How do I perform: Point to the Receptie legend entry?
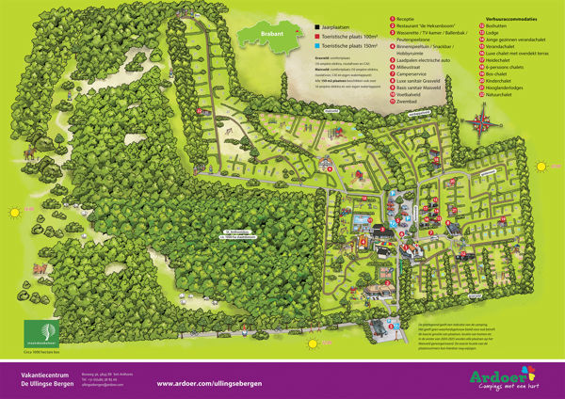click(411, 18)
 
